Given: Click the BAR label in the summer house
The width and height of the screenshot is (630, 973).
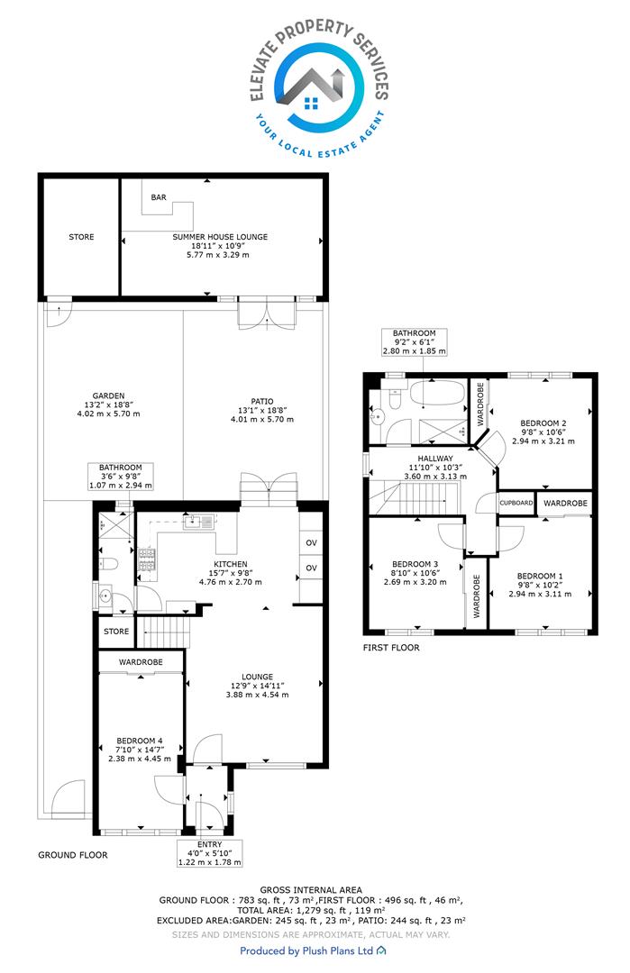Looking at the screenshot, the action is click(159, 197).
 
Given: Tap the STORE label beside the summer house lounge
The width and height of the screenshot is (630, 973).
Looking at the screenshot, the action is click(81, 237).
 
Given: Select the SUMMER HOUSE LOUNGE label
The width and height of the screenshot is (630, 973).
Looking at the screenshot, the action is click(220, 236).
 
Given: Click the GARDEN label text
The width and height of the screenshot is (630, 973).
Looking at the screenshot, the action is click(109, 396).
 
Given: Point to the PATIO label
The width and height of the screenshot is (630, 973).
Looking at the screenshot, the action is click(262, 402).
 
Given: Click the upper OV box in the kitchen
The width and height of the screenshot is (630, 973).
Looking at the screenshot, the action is click(311, 542).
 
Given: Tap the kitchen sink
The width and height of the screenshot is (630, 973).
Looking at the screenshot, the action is click(198, 521).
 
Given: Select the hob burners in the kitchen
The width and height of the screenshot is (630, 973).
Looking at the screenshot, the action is click(147, 559).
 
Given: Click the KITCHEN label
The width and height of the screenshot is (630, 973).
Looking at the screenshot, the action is click(231, 564).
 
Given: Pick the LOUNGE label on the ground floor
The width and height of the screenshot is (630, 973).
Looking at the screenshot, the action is click(257, 677).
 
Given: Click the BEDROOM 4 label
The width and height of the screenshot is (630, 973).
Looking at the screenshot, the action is click(140, 741).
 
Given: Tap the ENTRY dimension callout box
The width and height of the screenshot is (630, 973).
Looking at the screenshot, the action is click(210, 853).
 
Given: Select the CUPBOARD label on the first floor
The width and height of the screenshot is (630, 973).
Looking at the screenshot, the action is click(516, 503).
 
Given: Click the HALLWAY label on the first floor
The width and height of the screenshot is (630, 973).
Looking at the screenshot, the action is click(435, 459).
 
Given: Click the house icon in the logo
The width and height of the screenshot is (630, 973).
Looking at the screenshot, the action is click(312, 103).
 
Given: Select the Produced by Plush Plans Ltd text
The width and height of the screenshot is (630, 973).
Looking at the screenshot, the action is click(306, 950).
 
